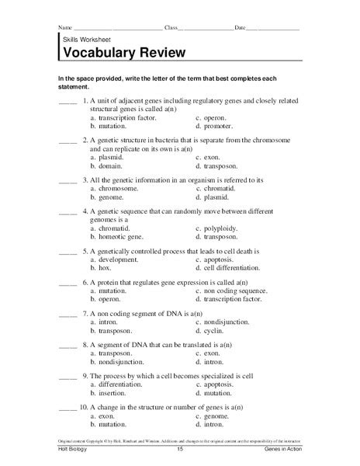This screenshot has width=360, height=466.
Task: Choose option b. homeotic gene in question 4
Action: (118, 237)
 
